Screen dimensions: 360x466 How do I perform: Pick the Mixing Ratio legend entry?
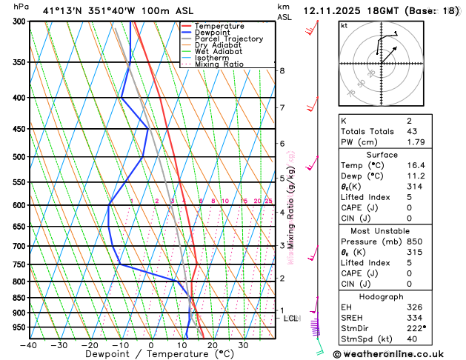(x=217, y=64)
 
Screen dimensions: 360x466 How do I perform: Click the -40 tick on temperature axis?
(x=29, y=345)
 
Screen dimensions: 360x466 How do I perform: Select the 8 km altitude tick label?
(x=282, y=71)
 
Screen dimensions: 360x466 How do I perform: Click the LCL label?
(x=290, y=318)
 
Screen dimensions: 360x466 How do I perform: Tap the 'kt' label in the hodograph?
(x=344, y=26)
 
